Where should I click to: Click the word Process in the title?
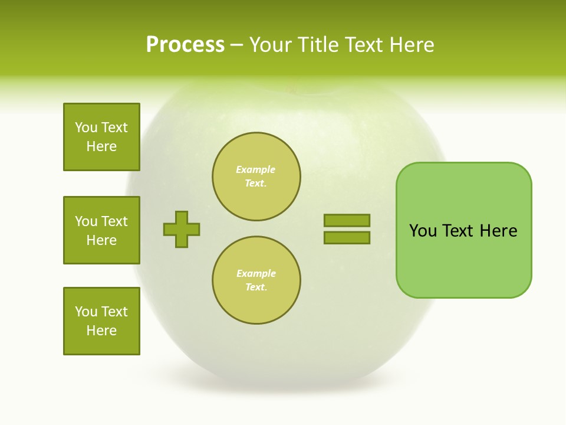click(185, 45)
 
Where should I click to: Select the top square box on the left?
click(101, 137)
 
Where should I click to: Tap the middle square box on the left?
click(101, 230)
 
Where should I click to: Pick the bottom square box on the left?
click(101, 321)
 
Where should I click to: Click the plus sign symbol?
click(182, 229)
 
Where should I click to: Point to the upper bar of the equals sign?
click(347, 220)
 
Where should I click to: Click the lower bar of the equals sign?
click(347, 238)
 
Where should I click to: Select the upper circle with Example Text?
click(256, 176)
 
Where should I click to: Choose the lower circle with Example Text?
click(256, 280)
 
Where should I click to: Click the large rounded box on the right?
click(463, 230)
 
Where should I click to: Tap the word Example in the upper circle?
click(256, 170)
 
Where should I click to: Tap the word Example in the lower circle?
click(256, 274)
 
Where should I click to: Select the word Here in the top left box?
click(101, 146)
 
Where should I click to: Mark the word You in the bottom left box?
click(86, 312)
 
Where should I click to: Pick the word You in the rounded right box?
click(423, 231)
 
